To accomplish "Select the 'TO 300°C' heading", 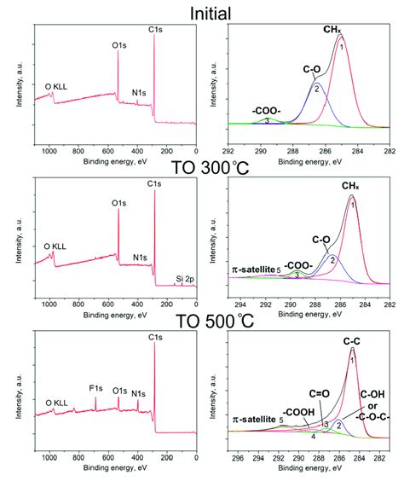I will [x=203, y=169].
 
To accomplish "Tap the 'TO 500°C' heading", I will [x=203, y=327].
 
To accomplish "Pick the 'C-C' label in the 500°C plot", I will [x=349, y=340].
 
